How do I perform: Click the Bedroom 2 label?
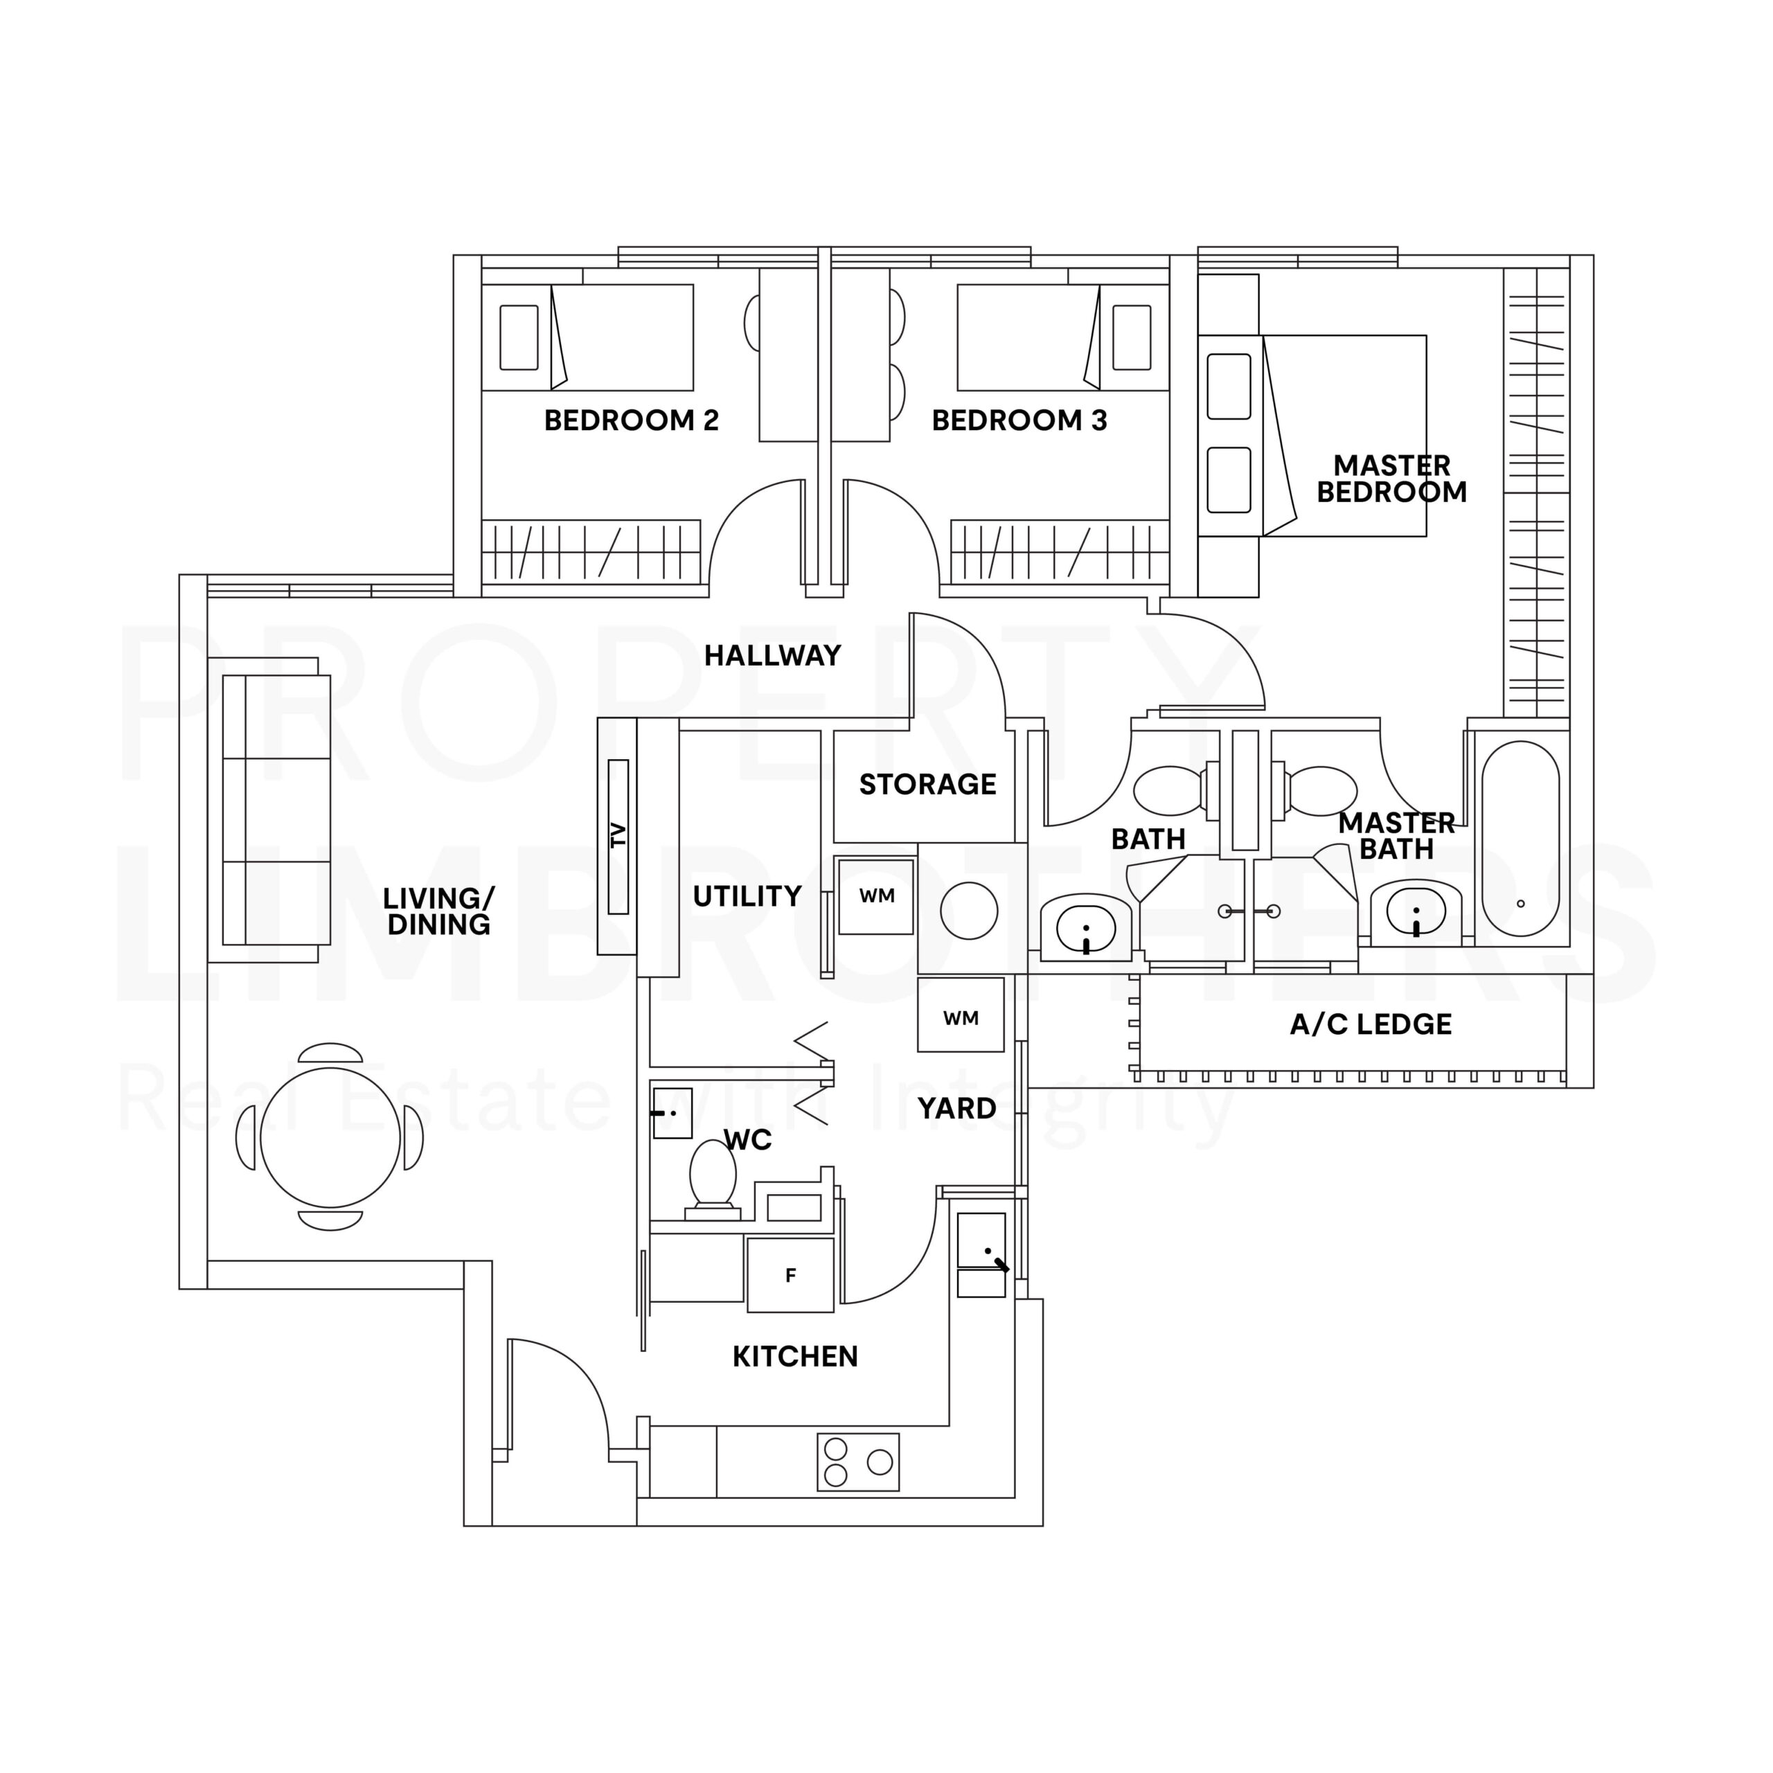632,420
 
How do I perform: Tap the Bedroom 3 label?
1019,420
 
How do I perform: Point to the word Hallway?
773,655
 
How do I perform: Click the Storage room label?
927,784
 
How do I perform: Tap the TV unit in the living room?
618,836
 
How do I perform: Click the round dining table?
330,1137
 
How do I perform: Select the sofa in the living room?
276,810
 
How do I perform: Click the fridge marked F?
790,1274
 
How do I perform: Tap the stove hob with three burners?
857,1462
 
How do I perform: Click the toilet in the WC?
712,1175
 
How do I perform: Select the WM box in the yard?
960,1017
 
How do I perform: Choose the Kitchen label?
794,1356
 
